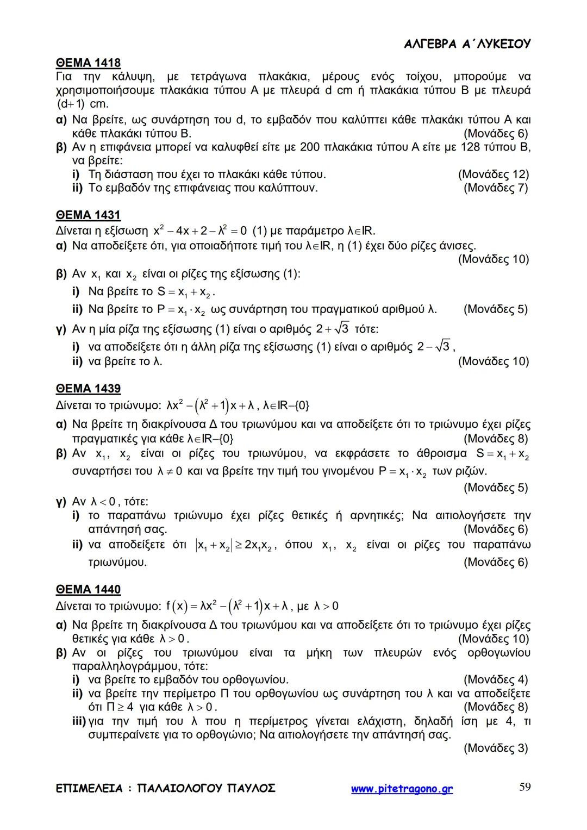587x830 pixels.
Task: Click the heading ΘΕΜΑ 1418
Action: [88, 63]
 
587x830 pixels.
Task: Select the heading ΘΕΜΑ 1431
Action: [88, 215]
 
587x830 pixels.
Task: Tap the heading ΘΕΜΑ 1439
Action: [88, 388]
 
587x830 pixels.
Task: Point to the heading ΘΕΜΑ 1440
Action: [88, 589]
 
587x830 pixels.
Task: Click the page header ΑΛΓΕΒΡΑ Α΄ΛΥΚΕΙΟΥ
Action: [467, 44]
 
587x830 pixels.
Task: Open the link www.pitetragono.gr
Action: [402, 789]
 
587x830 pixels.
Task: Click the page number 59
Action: [524, 787]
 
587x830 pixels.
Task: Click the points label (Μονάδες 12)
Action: [493, 174]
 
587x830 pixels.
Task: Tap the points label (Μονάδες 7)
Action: [495, 188]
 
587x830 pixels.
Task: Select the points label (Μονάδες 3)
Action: [495, 748]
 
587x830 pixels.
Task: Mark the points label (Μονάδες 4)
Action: [495, 679]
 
